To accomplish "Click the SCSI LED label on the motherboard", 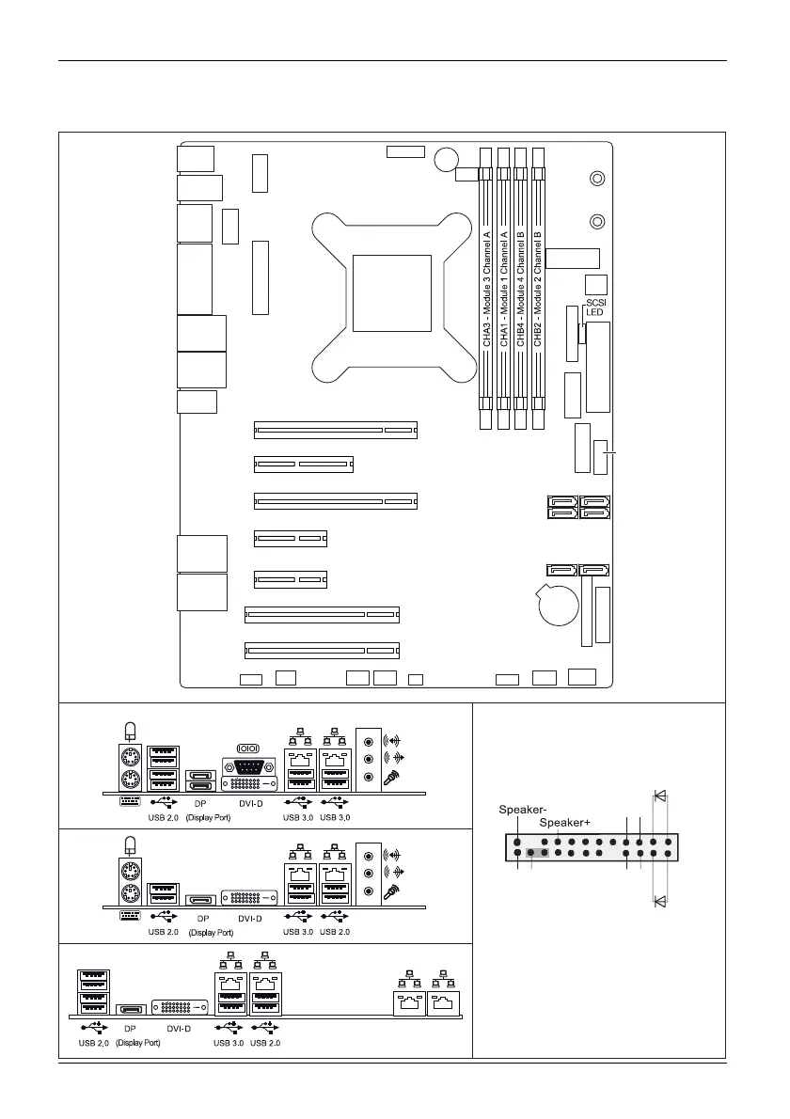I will (x=594, y=307).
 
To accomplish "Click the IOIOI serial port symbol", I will (x=249, y=749).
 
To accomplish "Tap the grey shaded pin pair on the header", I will (x=538, y=853).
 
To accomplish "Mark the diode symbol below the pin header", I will (x=660, y=901).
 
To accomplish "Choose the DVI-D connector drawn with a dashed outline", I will (x=249, y=873).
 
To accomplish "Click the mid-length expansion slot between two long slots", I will (x=303, y=465).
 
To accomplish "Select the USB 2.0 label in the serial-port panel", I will (x=165, y=817).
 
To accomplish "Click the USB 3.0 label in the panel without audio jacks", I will (x=229, y=1043).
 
